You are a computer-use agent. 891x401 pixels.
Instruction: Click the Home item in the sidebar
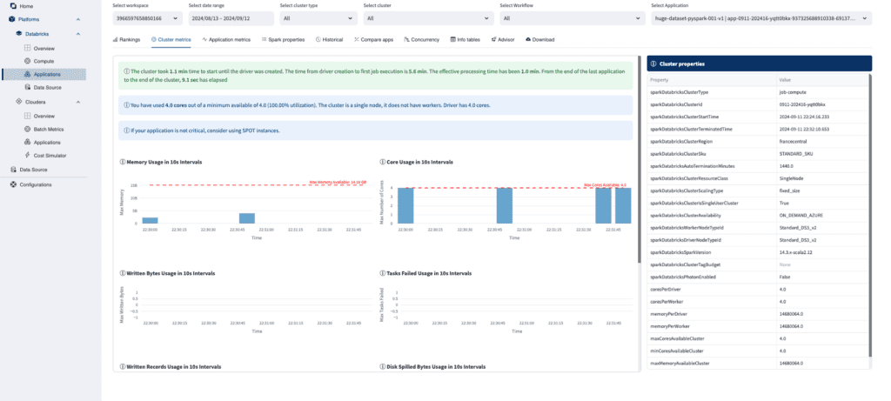tap(26, 6)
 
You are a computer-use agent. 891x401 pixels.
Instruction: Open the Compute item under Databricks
tap(44, 61)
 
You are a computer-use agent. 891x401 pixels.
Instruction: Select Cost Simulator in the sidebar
tap(51, 155)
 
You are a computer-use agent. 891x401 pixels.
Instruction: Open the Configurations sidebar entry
tap(36, 184)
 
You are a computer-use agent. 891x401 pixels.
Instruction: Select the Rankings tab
tap(127, 39)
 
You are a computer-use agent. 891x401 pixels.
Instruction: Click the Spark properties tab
tap(283, 39)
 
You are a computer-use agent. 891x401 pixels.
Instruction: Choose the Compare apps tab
tap(375, 39)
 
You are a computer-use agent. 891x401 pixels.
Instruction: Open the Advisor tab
tap(504, 39)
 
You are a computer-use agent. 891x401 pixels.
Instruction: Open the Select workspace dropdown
tap(144, 17)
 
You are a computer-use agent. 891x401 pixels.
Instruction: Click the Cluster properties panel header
tap(759, 63)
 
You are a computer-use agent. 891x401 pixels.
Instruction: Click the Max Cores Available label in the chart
tap(605, 184)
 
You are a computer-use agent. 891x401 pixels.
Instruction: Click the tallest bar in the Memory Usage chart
tap(247, 217)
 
